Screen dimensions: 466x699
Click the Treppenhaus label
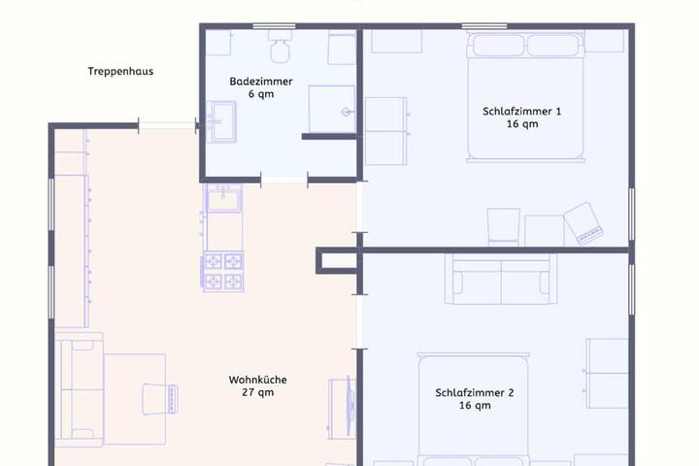tap(120, 71)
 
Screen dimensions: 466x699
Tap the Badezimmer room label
tap(260, 82)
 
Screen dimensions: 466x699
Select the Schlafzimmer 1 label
tap(521, 111)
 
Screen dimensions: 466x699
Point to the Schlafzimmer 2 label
tap(475, 393)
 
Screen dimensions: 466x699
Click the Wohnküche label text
tap(257, 380)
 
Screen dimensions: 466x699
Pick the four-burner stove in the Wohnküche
tap(222, 272)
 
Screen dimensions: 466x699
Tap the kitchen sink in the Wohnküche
tap(223, 201)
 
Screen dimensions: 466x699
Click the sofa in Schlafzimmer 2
tap(502, 279)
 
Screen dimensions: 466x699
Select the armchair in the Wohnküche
tap(159, 398)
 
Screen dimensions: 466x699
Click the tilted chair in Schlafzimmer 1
tap(586, 223)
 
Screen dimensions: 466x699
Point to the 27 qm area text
tap(257, 393)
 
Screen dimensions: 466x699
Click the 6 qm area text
tap(260, 96)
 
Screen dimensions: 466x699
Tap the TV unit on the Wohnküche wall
tap(343, 406)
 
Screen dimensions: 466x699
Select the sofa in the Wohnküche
tap(80, 388)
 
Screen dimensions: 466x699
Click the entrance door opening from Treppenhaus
tap(169, 124)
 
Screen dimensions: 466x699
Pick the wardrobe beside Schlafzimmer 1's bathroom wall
tap(385, 130)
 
